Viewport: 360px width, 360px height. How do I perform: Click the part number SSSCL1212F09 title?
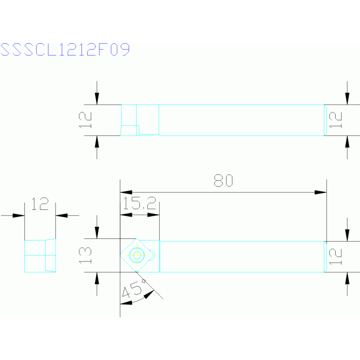point(65,50)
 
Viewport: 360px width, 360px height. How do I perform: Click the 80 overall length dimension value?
point(223,181)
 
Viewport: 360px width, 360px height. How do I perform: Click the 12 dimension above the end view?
point(40,204)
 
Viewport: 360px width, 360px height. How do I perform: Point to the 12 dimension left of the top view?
point(85,120)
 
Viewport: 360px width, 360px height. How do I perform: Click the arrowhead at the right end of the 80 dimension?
point(321,192)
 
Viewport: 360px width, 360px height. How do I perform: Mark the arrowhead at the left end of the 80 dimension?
point(126,192)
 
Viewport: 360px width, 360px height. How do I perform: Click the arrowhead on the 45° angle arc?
point(148,295)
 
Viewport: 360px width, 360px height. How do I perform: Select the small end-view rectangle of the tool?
point(40,256)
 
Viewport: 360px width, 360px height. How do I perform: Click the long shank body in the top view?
point(241,120)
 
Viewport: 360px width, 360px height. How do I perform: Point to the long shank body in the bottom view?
point(241,256)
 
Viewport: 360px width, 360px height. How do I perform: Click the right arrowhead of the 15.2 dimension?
point(153,215)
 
